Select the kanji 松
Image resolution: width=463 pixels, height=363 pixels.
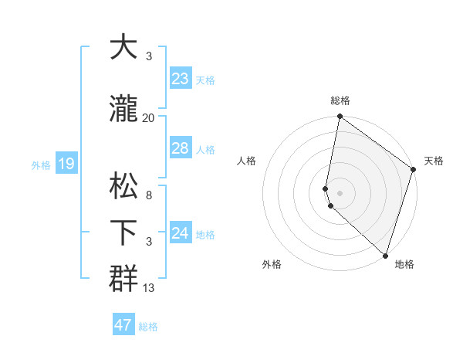click(124, 186)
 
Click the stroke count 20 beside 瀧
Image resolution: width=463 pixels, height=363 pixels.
click(149, 117)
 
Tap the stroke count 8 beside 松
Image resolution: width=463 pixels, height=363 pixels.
click(149, 195)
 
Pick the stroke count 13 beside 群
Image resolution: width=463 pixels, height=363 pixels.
click(149, 288)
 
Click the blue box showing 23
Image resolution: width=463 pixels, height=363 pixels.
click(181, 78)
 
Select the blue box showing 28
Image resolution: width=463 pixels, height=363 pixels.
click(181, 148)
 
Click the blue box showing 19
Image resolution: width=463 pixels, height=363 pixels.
click(66, 163)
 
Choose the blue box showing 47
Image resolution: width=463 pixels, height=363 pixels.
click(123, 325)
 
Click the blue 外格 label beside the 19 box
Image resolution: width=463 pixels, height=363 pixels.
click(41, 165)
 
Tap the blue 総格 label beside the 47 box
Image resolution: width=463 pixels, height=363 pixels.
click(148, 327)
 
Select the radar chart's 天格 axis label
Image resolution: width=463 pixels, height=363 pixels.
click(434, 161)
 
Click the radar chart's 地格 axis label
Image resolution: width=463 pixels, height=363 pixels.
click(404, 265)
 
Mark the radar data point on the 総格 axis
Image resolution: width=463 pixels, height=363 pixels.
click(340, 117)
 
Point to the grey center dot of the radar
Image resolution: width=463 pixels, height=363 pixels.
click(340, 192)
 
